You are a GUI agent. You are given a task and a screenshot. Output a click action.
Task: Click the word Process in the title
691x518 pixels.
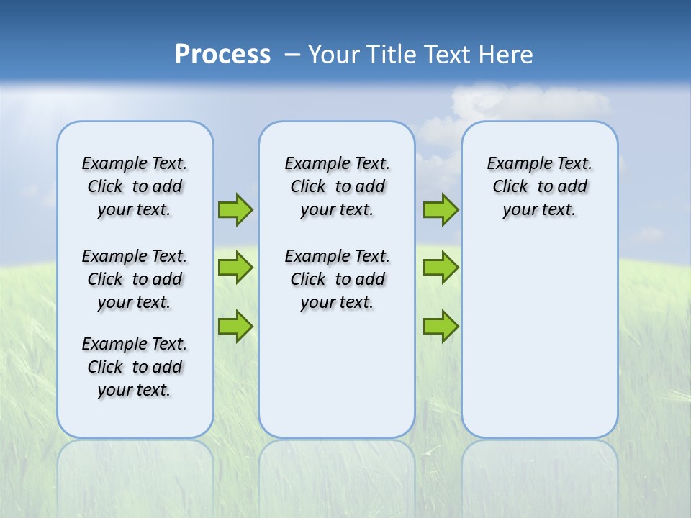point(222,55)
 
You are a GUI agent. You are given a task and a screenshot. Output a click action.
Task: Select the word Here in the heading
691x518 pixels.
point(507,55)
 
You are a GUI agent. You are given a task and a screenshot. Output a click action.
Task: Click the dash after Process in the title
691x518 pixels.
point(292,55)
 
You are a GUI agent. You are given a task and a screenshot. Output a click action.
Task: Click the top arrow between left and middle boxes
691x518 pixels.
point(235,209)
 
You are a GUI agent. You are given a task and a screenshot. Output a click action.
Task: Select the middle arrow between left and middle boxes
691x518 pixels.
point(235,268)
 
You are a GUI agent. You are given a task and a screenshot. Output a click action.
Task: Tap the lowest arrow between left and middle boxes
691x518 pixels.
point(235,326)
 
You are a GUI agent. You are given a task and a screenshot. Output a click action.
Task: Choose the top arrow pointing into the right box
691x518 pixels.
point(441,209)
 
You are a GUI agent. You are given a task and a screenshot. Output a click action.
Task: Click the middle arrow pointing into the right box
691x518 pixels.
point(441,268)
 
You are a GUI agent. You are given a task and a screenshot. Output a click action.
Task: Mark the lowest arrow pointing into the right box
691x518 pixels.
point(441,326)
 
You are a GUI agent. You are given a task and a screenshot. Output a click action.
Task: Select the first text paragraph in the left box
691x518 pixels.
point(135,186)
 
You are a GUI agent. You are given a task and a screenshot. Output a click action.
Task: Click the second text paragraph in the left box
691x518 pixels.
point(135,279)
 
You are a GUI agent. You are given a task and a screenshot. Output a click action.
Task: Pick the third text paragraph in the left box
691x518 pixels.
point(135,367)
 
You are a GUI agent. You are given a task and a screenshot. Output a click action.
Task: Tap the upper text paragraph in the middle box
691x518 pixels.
point(337,186)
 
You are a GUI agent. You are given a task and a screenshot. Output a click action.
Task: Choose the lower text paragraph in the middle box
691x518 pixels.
point(337,279)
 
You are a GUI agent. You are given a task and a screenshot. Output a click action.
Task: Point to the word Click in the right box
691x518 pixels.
point(510,186)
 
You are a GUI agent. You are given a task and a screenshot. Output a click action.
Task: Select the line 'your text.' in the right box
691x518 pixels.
point(539,209)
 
